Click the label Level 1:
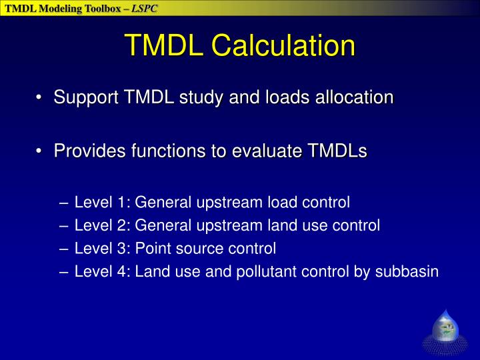[x=103, y=202]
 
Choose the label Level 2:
[x=103, y=225]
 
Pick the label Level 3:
[x=103, y=249]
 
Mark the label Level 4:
[x=103, y=272]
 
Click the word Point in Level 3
[x=152, y=249]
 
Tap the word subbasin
[x=409, y=272]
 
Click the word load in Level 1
[x=281, y=202]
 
